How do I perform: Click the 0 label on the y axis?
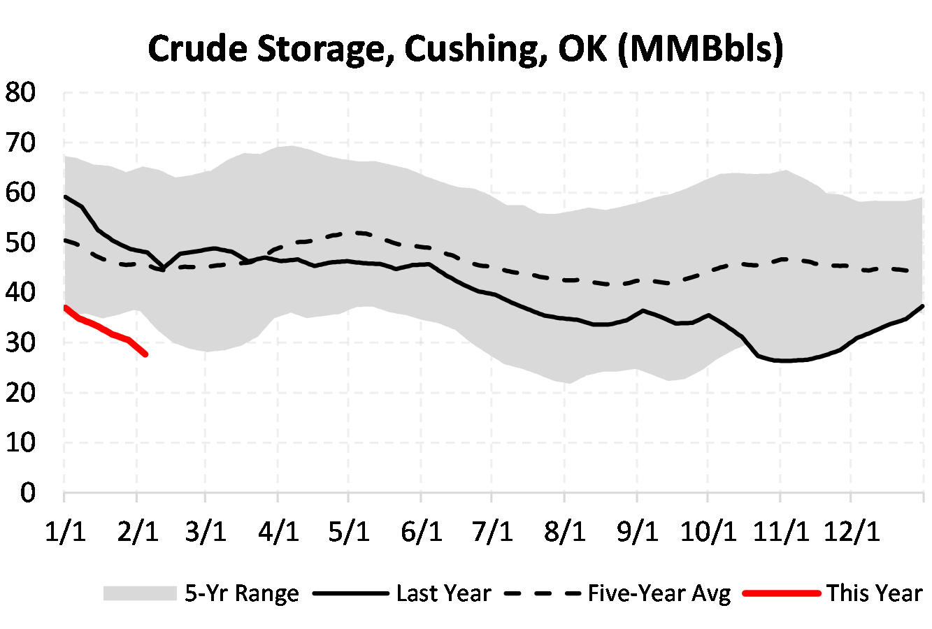[27, 493]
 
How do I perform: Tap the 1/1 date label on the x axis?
[65, 531]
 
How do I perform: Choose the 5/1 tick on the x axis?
[349, 531]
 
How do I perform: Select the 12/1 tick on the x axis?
[850, 531]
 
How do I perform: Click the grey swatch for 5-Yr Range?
[140, 593]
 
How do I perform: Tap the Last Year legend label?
[443, 593]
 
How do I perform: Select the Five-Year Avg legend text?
[659, 593]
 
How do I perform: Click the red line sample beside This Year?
[781, 593]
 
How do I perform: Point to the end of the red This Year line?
[145, 354]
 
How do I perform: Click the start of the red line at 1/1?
[64, 308]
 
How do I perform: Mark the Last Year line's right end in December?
[923, 306]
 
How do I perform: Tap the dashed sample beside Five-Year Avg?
[543, 593]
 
